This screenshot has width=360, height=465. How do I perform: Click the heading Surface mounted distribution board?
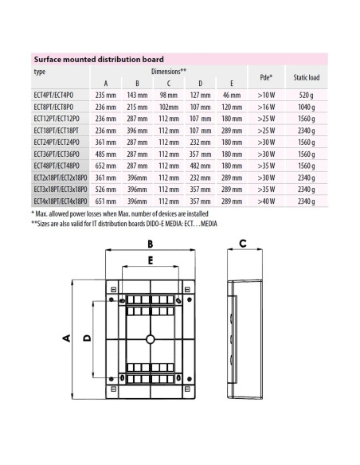point(98,59)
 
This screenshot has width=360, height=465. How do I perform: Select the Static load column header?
point(307,77)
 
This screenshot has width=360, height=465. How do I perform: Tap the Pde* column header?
point(267,77)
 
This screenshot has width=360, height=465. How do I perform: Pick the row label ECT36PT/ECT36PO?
point(59,153)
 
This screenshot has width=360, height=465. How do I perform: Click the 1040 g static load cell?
point(307,106)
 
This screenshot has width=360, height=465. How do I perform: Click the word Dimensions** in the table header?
point(169,72)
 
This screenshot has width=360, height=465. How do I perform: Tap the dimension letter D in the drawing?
point(88,338)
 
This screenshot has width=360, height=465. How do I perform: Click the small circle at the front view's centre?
point(149,339)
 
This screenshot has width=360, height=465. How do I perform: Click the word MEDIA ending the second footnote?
point(203,222)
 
